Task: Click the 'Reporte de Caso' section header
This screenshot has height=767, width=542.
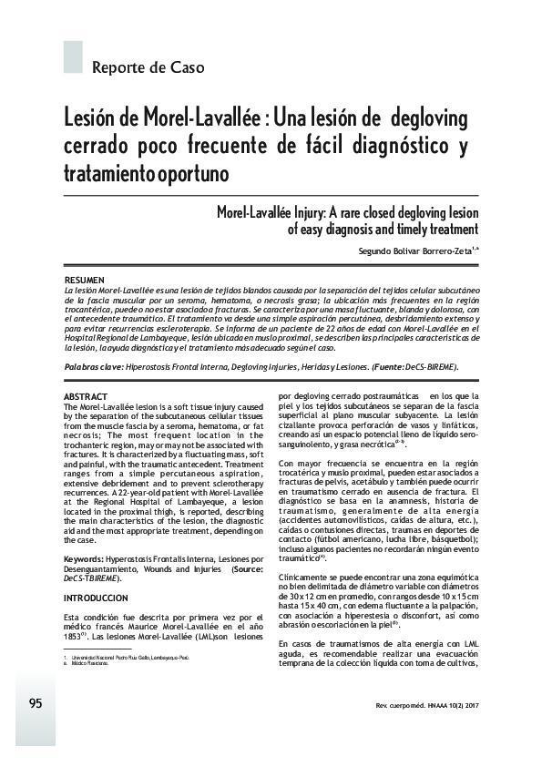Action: pos(148,67)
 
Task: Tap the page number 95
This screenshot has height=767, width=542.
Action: pos(36,703)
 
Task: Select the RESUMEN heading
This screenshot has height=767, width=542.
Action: pos(85,278)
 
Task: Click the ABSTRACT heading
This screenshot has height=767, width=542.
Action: pos(86,397)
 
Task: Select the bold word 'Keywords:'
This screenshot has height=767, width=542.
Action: pos(90,558)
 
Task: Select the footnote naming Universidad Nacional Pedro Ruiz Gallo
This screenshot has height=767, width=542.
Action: pos(128,681)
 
